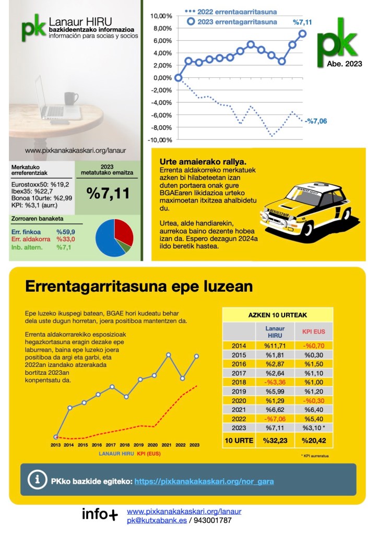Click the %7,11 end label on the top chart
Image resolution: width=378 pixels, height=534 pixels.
pyautogui.click(x=301, y=22)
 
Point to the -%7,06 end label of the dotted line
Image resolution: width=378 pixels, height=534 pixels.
pyautogui.click(x=316, y=121)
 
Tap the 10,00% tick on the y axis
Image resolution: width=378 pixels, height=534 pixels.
pyautogui.click(x=161, y=16)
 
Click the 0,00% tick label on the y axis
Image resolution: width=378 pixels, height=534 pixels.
pyautogui.click(x=162, y=78)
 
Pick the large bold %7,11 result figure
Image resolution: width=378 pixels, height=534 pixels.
pyautogui.click(x=108, y=193)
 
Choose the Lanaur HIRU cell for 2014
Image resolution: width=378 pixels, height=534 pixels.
pyautogui.click(x=275, y=345)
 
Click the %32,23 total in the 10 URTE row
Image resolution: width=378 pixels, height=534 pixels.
pyautogui.click(x=275, y=441)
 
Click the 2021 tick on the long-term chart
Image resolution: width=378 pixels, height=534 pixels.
pyautogui.click(x=168, y=445)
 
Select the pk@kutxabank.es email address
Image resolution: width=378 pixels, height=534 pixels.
pyautogui.click(x=153, y=520)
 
